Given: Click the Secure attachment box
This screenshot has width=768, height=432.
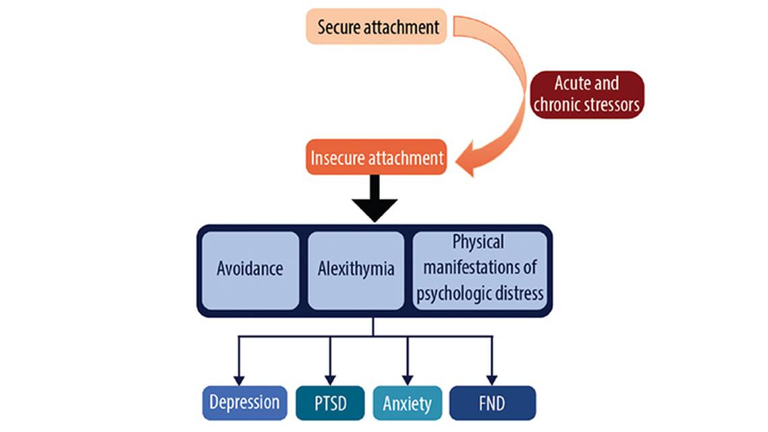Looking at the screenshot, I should [377, 27].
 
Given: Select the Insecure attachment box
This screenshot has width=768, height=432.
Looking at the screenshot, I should [377, 157].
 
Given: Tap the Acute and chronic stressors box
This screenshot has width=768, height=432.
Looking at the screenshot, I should [586, 94].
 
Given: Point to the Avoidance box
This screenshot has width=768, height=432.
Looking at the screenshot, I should [250, 269].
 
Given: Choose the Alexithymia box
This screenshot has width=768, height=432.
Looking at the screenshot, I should [356, 269].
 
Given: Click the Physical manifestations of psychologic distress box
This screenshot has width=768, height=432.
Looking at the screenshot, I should [478, 269].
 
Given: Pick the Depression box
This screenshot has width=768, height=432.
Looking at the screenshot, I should [244, 403].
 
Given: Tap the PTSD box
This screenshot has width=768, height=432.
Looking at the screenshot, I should [330, 403].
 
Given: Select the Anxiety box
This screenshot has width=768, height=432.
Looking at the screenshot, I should [407, 403].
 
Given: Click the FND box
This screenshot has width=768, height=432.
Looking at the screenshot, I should [492, 403].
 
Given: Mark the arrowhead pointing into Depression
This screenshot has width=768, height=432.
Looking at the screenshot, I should [238, 380].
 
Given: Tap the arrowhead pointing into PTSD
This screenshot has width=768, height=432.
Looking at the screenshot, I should [330, 380].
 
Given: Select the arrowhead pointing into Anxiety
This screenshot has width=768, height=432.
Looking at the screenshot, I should [407, 380].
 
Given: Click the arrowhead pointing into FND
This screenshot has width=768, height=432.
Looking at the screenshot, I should [492, 380].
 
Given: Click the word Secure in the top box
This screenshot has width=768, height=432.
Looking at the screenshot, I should [340, 27].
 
